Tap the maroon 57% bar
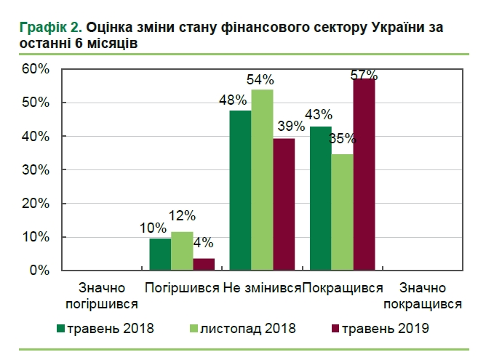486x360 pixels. pyautogui.click(x=364, y=175)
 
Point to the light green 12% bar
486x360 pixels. pyautogui.click(x=182, y=251)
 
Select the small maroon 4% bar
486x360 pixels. pyautogui.click(x=204, y=264)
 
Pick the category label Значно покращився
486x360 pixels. pyautogui.click(x=423, y=296)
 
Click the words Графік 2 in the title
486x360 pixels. pyautogui.click(x=51, y=28)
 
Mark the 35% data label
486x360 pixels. pyautogui.click(x=342, y=137)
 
